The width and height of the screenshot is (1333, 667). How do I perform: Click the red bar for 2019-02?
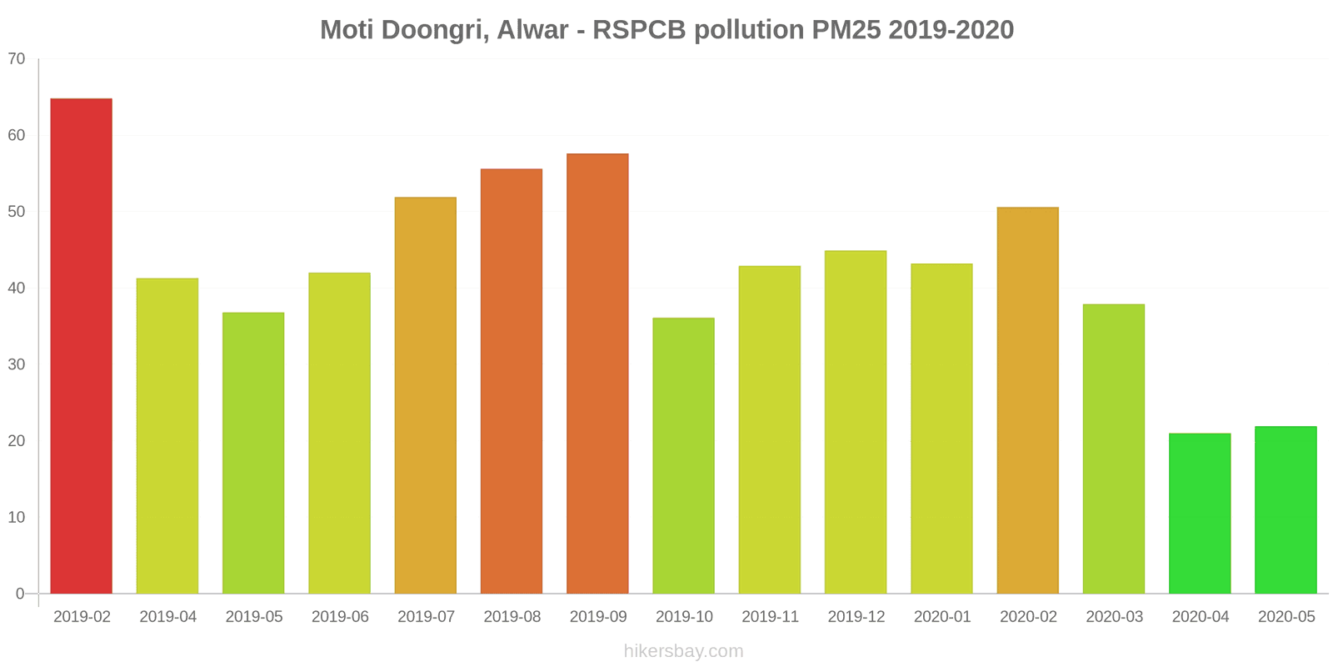pyautogui.click(x=81, y=346)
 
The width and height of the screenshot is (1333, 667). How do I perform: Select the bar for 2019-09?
pyautogui.click(x=597, y=374)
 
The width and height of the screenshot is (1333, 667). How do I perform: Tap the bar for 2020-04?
pyautogui.click(x=1200, y=514)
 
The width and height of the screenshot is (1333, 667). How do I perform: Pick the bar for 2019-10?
pyautogui.click(x=683, y=456)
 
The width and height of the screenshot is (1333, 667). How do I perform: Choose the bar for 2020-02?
pyautogui.click(x=1027, y=400)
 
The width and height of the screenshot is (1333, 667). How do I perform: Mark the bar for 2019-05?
pyautogui.click(x=253, y=453)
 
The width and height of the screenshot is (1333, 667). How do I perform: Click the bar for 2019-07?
pyautogui.click(x=425, y=395)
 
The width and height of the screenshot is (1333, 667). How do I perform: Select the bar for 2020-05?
pyautogui.click(x=1286, y=510)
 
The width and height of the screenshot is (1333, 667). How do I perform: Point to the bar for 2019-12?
pyautogui.click(x=856, y=422)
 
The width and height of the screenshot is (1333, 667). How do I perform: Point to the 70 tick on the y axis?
pyautogui.click(x=17, y=59)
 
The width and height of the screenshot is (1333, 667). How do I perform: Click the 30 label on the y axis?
pyautogui.click(x=17, y=364)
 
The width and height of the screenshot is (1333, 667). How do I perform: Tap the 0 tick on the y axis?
pyautogui.click(x=20, y=594)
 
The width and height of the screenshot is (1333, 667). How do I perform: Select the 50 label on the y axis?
pyautogui.click(x=17, y=212)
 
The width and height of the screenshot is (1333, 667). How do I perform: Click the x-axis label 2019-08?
pyautogui.click(x=512, y=617)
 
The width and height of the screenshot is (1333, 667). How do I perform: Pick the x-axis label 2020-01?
pyautogui.click(x=942, y=617)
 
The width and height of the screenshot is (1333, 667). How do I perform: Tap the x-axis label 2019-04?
pyautogui.click(x=167, y=617)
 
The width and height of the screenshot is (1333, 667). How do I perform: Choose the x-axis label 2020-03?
pyautogui.click(x=1114, y=617)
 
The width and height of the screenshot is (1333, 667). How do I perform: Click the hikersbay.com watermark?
pyautogui.click(x=683, y=651)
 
